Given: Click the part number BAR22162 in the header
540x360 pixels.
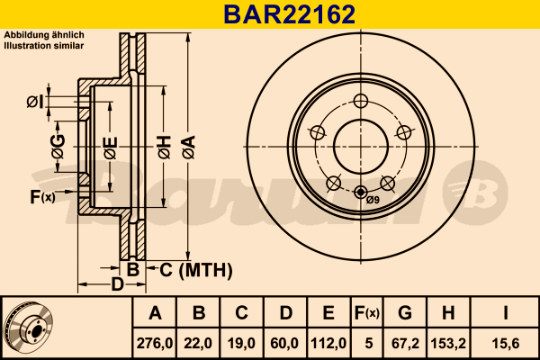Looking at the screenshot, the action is (x=289, y=14).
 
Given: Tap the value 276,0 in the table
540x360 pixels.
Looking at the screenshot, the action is (x=155, y=343).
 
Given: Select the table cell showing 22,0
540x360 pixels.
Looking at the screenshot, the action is (x=198, y=343).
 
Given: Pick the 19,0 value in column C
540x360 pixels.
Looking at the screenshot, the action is (x=241, y=343).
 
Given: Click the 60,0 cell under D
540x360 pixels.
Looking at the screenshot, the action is (x=284, y=343).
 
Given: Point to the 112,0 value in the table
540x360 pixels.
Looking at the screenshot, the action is (x=328, y=343).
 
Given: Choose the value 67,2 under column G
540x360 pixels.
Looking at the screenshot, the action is (x=405, y=343).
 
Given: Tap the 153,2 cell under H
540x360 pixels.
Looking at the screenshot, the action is (x=448, y=343).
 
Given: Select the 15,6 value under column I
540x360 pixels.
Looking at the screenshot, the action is (x=505, y=343).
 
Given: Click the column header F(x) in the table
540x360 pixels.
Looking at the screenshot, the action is (x=367, y=313).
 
